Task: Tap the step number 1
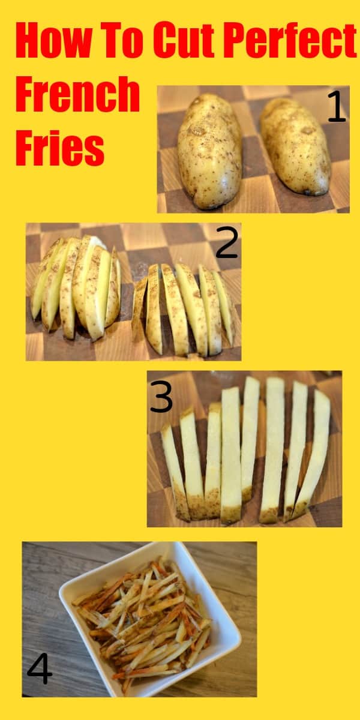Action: (x=336, y=107)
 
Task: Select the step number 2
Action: (x=227, y=243)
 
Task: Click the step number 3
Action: (x=161, y=397)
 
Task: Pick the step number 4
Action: (x=40, y=669)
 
